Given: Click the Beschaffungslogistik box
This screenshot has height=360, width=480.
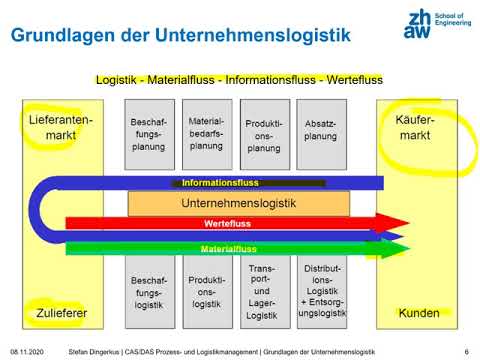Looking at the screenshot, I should tap(149, 291).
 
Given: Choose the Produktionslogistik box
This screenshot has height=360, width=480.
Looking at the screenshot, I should tap(206, 291).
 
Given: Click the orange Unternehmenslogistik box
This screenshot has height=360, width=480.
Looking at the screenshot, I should tap(239, 203).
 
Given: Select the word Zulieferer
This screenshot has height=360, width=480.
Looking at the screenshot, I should tap(59, 313).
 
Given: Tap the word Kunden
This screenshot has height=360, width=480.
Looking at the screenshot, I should tap(419, 313).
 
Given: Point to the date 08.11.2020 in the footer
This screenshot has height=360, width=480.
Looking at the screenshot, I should tap(31, 351).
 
